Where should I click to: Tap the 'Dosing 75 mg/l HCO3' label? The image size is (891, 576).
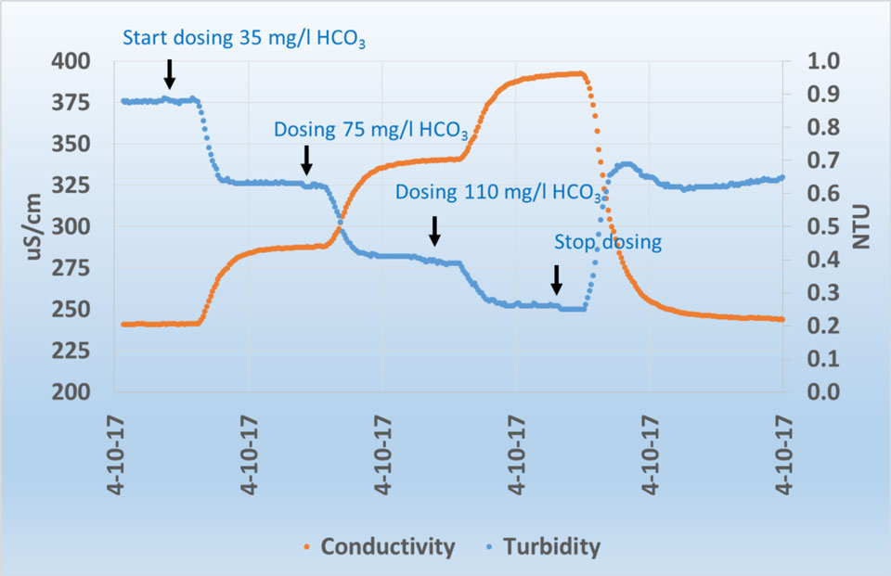pos(370,130)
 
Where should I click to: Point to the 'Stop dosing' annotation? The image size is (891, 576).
pos(607,242)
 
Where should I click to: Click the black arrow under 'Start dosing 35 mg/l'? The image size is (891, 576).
pos(169,73)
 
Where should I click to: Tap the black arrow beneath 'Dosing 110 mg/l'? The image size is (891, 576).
pos(433,231)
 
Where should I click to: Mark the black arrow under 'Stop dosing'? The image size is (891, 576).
pos(556,279)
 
